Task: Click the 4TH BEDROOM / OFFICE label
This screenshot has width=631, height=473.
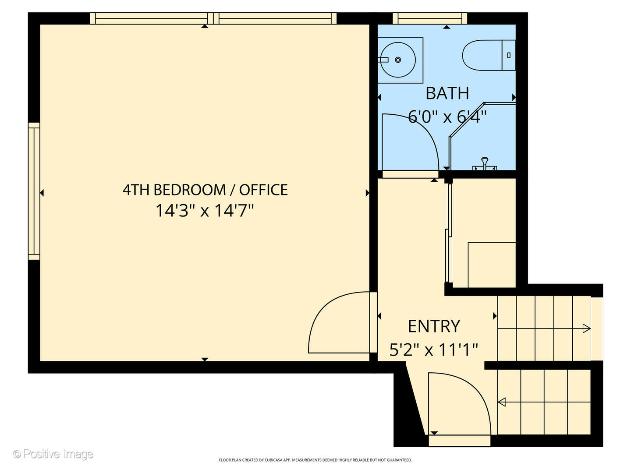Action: (x=205, y=190)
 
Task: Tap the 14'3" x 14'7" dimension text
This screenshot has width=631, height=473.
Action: (x=205, y=211)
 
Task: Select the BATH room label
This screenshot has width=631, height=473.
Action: (x=447, y=93)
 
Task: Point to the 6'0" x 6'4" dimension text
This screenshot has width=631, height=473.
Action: (x=447, y=117)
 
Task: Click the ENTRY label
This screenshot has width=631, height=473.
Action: (x=434, y=326)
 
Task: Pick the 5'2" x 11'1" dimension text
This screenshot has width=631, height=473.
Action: (x=434, y=350)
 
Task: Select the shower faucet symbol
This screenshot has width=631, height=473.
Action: (x=485, y=163)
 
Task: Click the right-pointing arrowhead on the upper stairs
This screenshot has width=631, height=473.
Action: (x=586, y=328)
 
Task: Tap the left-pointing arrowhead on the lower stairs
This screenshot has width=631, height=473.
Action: (x=502, y=401)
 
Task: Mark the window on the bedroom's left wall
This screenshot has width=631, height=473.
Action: (x=34, y=191)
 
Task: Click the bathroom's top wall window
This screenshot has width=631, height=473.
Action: (x=429, y=18)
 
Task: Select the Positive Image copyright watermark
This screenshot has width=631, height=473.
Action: (x=53, y=454)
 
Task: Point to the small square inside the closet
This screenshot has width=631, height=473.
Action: (x=492, y=265)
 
